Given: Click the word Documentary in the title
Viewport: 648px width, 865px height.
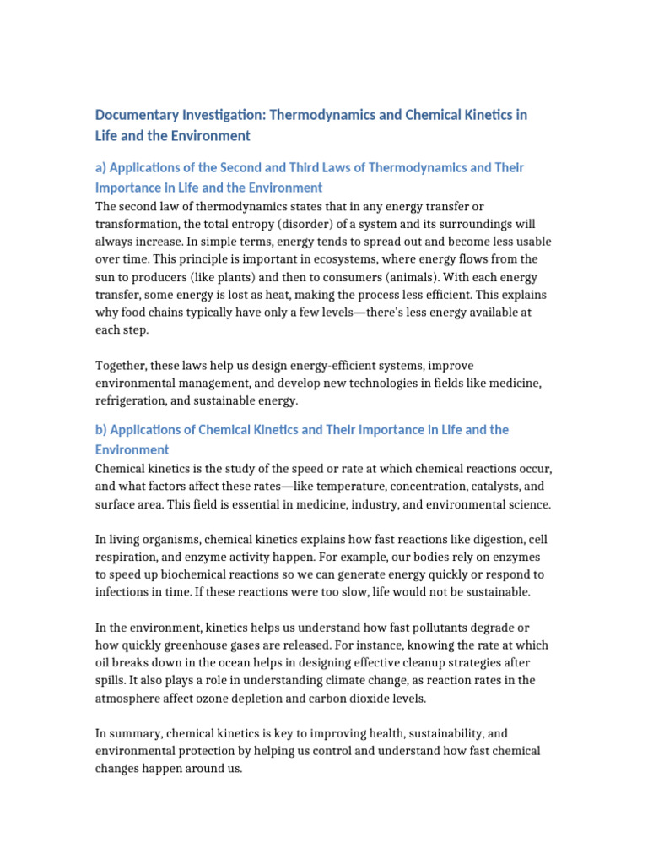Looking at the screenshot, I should point(134,115).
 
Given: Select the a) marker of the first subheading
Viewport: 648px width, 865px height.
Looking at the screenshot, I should point(102,167).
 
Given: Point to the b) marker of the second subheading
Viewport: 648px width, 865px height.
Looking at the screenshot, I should point(102,430).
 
